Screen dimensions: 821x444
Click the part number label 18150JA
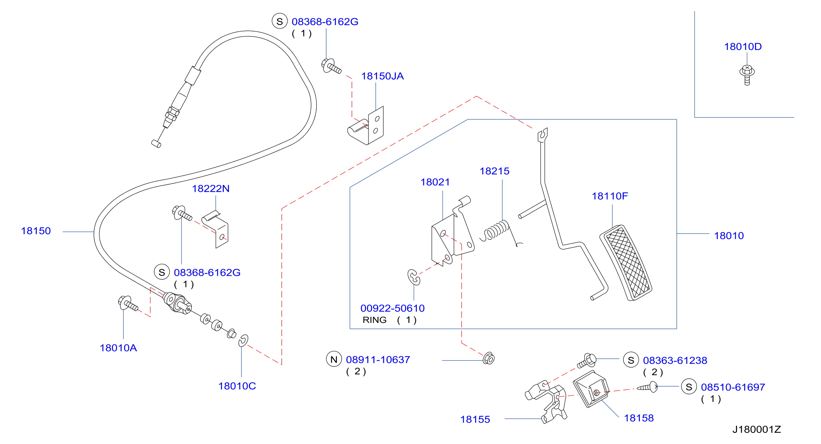[382, 76]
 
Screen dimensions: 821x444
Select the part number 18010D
[743, 47]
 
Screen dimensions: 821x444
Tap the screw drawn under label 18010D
[747, 75]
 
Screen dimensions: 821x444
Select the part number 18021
[435, 182]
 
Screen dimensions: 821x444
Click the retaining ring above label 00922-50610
[414, 277]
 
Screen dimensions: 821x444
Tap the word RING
[375, 320]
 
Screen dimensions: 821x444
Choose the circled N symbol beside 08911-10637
[334, 359]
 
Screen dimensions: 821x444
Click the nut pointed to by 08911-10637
[489, 358]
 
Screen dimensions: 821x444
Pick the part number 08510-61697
[733, 387]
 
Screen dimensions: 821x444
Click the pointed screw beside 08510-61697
[647, 387]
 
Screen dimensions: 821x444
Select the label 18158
[639, 418]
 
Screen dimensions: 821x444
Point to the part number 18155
[475, 420]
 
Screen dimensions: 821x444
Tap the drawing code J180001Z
[757, 430]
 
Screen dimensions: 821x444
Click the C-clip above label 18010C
[243, 341]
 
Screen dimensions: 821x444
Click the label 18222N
[211, 189]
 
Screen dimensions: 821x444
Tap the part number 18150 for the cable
[36, 231]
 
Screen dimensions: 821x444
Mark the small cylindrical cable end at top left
[156, 144]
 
